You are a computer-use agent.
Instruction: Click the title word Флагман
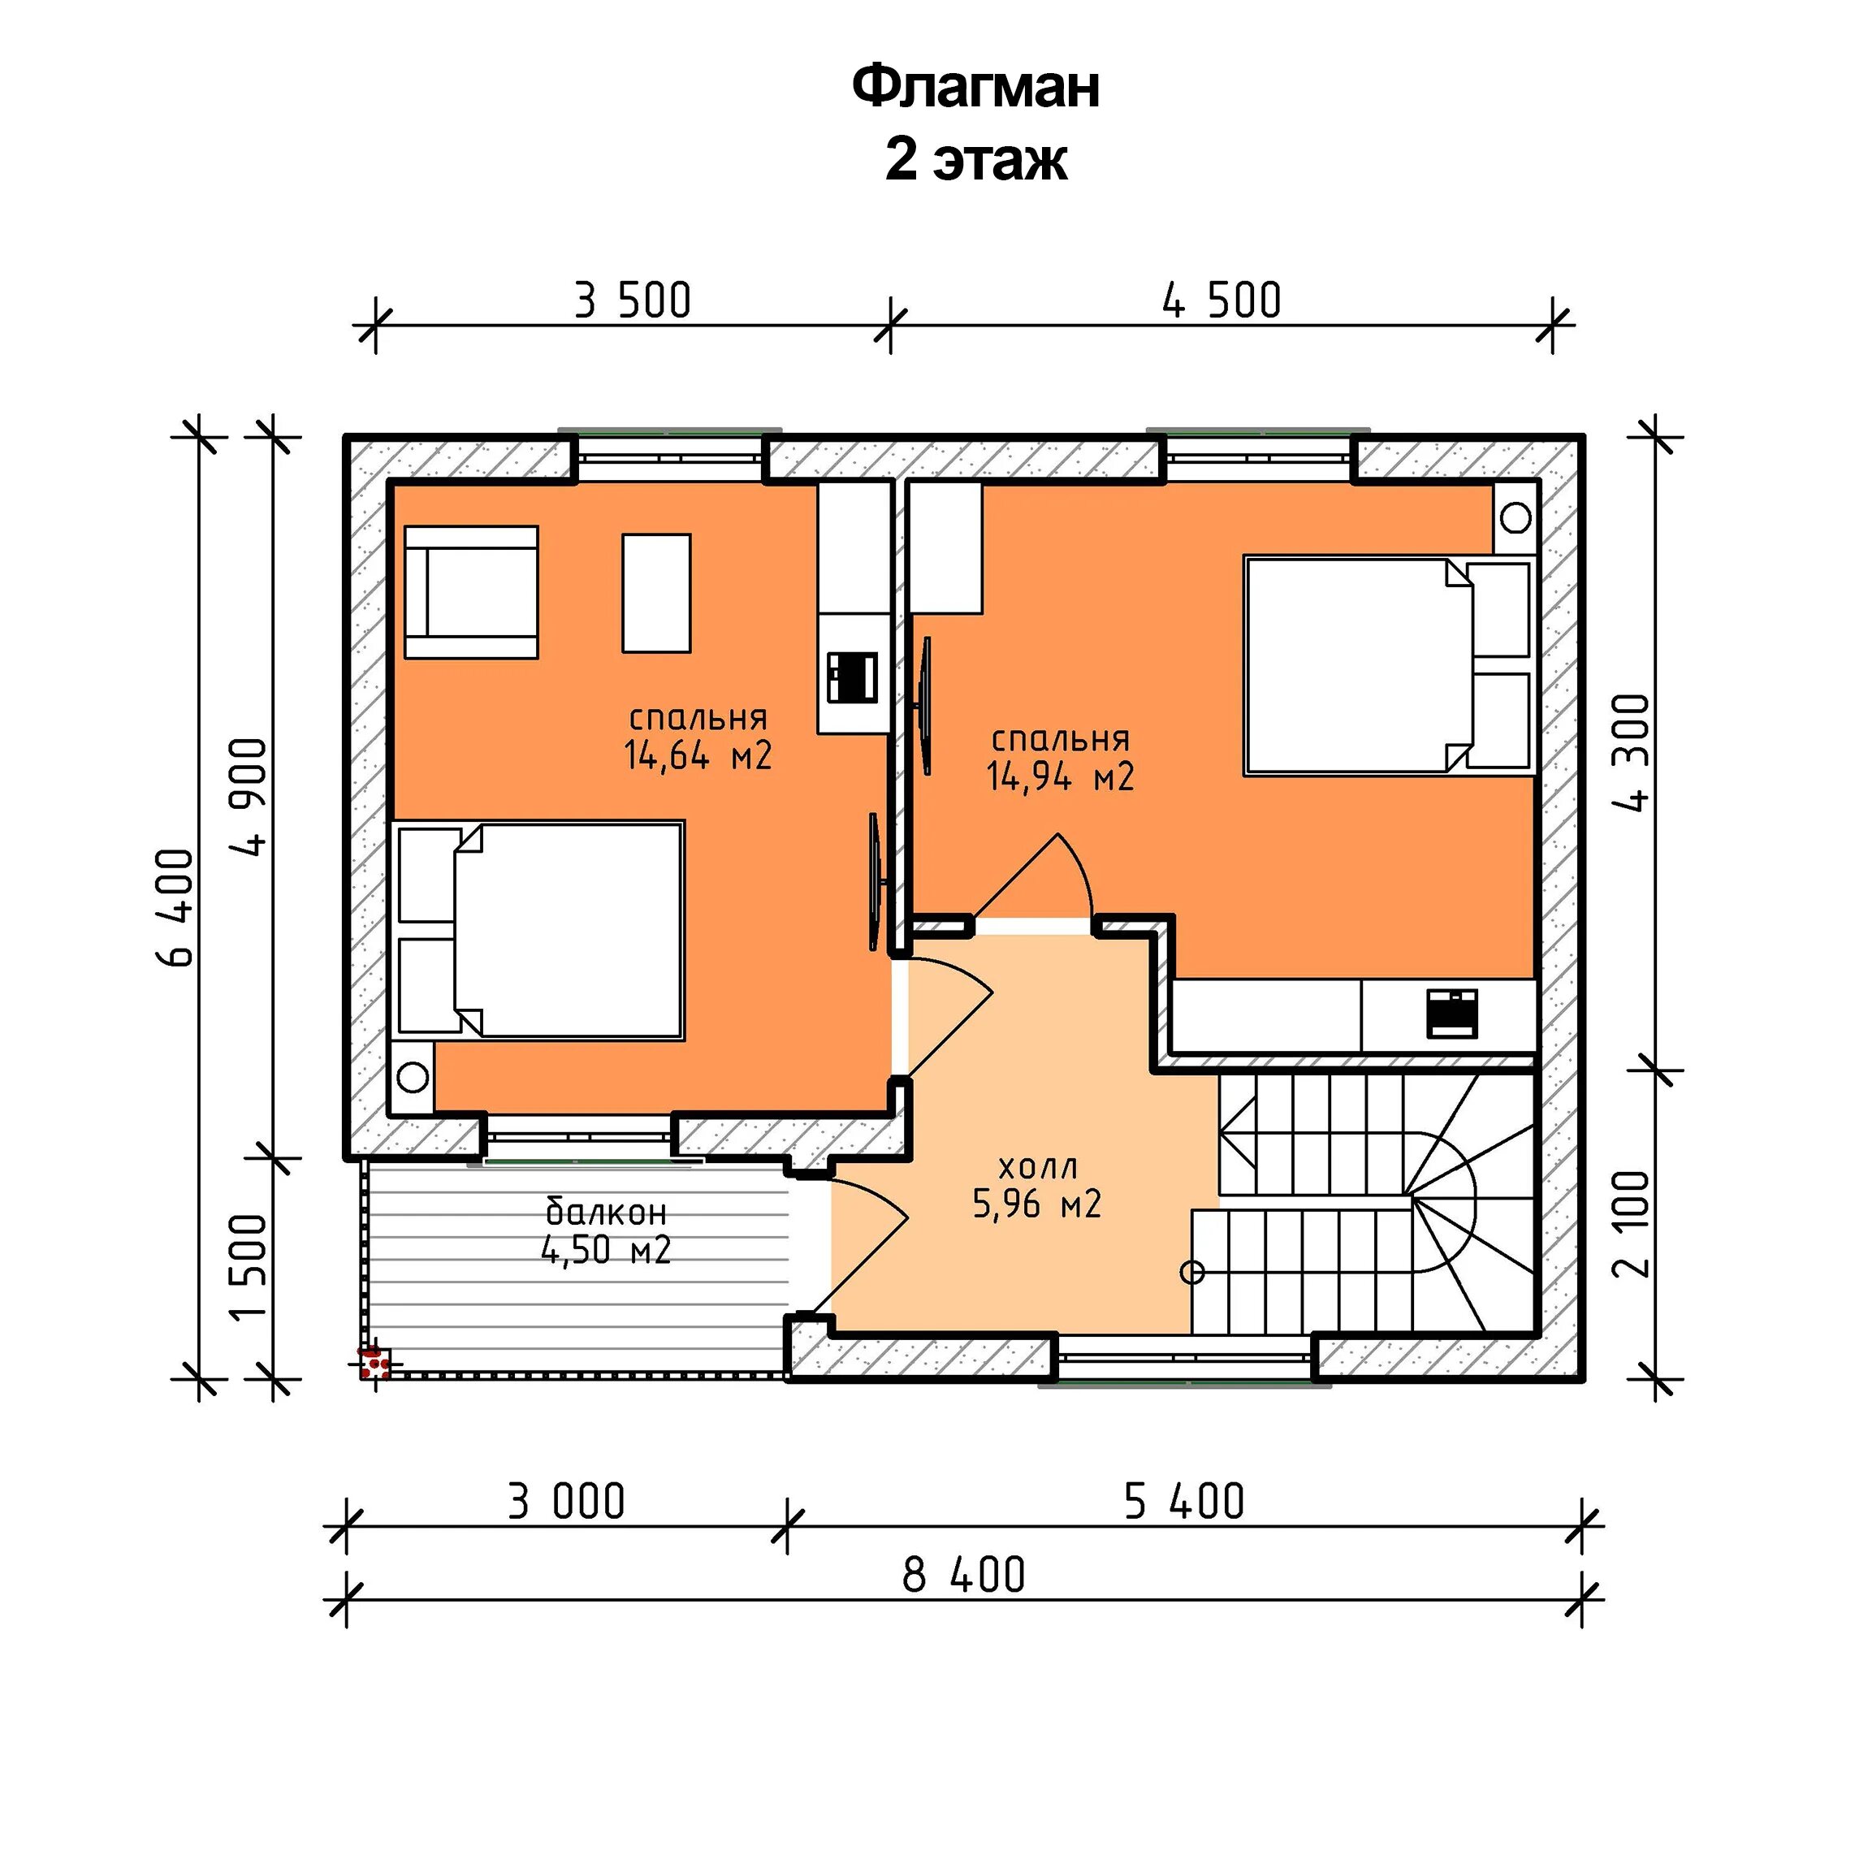pyautogui.click(x=975, y=87)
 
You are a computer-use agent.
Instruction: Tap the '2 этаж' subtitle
pyautogui.click(x=975, y=159)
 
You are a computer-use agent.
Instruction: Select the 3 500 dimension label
pyautogui.click(x=633, y=301)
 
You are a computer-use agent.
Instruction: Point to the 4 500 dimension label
pyautogui.click(x=1222, y=301)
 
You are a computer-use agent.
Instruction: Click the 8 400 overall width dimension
pyautogui.click(x=963, y=1575)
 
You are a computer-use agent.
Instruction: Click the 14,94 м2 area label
pyautogui.click(x=1060, y=776)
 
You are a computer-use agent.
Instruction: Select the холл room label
pyautogui.click(x=1037, y=1167)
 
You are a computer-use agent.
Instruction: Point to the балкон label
pyautogui.click(x=606, y=1212)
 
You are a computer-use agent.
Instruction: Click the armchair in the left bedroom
pyautogui.click(x=471, y=593)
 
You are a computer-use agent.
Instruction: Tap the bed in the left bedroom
pyautogui.click(x=539, y=931)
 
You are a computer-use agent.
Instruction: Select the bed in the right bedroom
pyautogui.click(x=1390, y=665)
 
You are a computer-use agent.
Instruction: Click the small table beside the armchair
pyautogui.click(x=656, y=594)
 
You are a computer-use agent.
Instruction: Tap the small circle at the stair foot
pyautogui.click(x=1193, y=1273)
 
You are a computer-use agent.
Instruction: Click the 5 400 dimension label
pyautogui.click(x=1184, y=1502)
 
